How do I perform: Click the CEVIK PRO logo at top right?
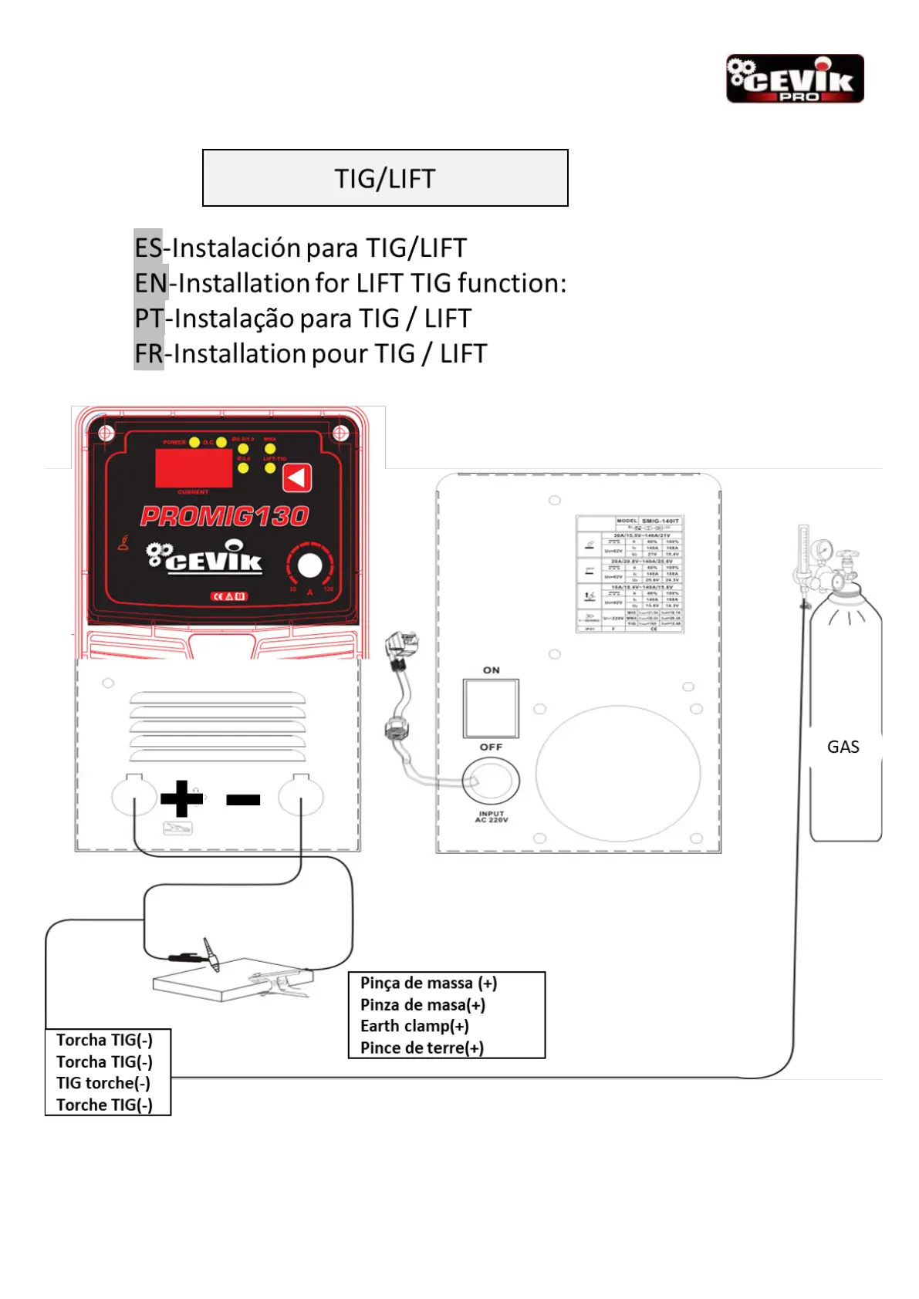[x=795, y=79]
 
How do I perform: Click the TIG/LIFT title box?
[x=385, y=178]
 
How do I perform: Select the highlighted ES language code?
[x=148, y=248]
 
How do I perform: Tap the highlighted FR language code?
[x=149, y=354]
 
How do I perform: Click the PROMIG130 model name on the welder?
[x=225, y=516]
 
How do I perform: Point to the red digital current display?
[x=194, y=467]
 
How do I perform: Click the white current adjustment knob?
[x=310, y=565]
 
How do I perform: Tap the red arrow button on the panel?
[x=297, y=478]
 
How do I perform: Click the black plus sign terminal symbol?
[x=181, y=798]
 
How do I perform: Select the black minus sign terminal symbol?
[x=243, y=800]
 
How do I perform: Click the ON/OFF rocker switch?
[x=491, y=708]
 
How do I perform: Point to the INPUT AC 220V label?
[x=492, y=817]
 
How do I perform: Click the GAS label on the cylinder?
[x=843, y=747]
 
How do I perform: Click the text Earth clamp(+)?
[x=414, y=1026]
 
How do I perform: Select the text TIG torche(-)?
[x=103, y=1083]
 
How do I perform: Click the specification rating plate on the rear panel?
[x=630, y=575]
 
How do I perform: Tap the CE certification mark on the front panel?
[x=229, y=596]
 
